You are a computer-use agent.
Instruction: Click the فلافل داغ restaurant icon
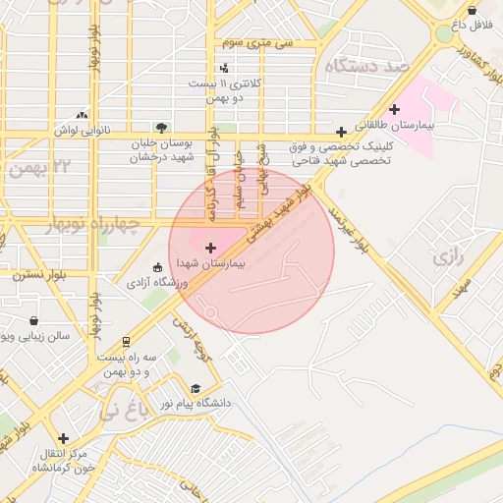coord(457,22)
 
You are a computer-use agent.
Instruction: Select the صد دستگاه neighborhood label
coord(368,66)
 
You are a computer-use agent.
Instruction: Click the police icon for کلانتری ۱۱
coord(225,69)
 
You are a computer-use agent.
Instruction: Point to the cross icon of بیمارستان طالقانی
coord(394,109)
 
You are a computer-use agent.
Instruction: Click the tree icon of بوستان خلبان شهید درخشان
coord(161,127)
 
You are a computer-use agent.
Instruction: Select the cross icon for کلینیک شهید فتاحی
coord(341,132)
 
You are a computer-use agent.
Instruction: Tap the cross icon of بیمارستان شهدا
coord(211,248)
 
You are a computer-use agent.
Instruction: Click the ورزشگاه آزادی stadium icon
coord(157,267)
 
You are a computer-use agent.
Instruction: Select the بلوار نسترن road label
coord(38,276)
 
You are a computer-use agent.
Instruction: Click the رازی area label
coord(446,258)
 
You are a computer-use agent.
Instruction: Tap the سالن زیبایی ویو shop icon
coord(34,320)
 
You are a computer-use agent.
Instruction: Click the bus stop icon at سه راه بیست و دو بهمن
coord(126,342)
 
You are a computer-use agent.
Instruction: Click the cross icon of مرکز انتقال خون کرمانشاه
coord(64,438)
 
